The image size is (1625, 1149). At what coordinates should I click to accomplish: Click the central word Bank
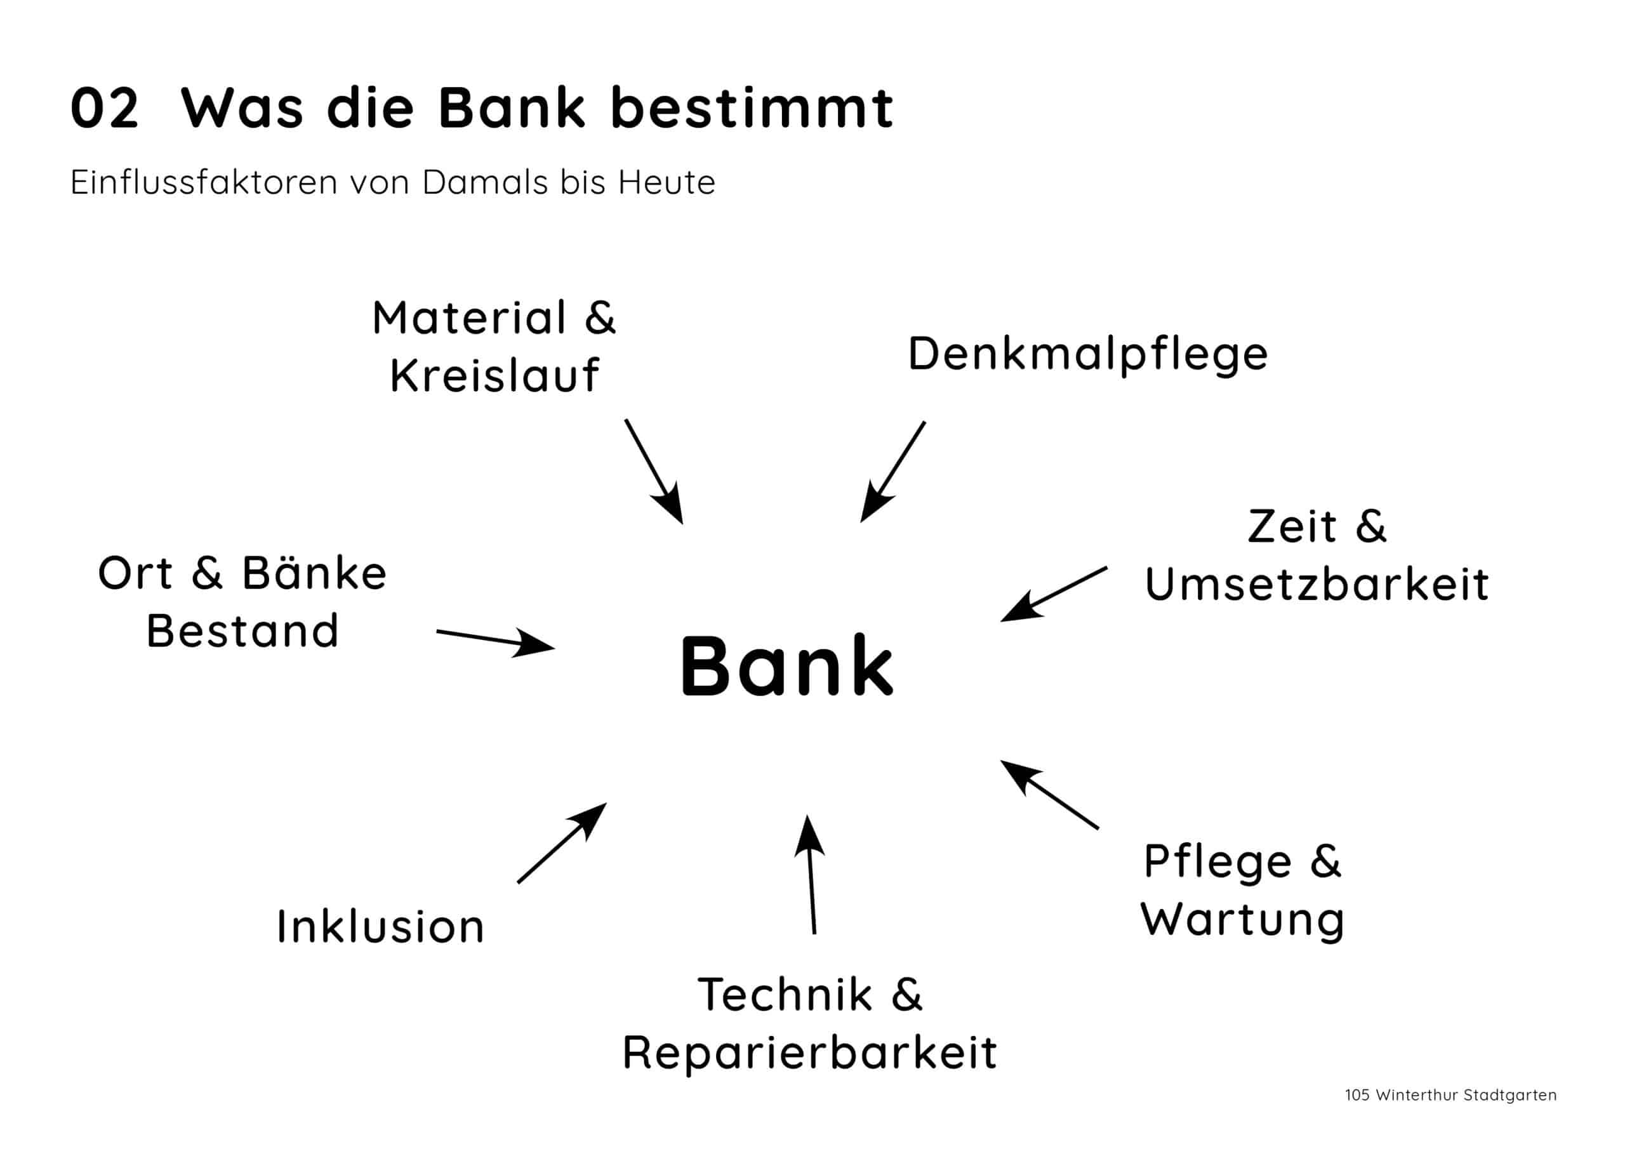click(x=786, y=666)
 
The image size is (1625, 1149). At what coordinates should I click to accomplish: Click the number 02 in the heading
click(x=105, y=109)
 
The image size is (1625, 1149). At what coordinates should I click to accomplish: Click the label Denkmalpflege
click(x=1088, y=354)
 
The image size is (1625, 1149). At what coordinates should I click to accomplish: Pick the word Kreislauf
click(x=494, y=375)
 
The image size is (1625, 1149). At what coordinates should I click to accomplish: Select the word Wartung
click(x=1243, y=920)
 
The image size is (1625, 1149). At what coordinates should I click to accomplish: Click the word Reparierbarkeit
click(x=810, y=1053)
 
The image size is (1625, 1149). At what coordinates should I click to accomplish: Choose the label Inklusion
click(x=381, y=927)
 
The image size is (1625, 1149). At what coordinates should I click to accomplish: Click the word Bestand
click(x=242, y=631)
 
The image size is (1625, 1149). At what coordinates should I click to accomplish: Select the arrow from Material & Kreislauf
click(x=654, y=472)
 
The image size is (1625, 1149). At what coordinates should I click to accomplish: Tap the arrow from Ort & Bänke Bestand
click(x=495, y=641)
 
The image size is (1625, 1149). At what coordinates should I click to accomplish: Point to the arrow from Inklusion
click(x=562, y=843)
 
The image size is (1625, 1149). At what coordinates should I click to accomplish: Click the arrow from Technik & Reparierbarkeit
click(x=811, y=875)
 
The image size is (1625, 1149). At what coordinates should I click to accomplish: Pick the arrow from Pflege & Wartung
click(x=1050, y=794)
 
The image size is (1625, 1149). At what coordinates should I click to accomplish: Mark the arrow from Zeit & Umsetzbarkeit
click(x=1054, y=594)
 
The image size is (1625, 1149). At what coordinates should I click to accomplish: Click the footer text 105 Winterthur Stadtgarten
click(x=1450, y=1115)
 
